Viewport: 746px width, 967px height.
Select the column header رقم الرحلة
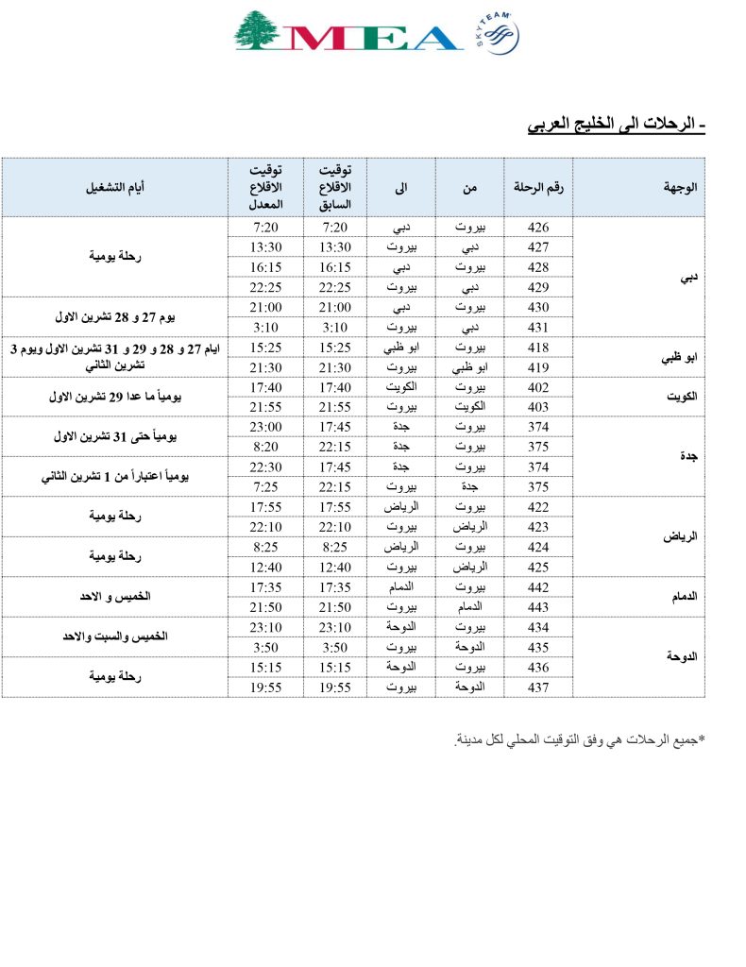coord(538,187)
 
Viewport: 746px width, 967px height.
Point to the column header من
coord(469,187)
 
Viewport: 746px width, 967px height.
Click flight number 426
coord(538,228)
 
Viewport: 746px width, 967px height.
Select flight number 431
coord(538,327)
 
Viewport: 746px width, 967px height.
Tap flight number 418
coord(538,347)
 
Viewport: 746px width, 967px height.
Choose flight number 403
coord(538,406)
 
